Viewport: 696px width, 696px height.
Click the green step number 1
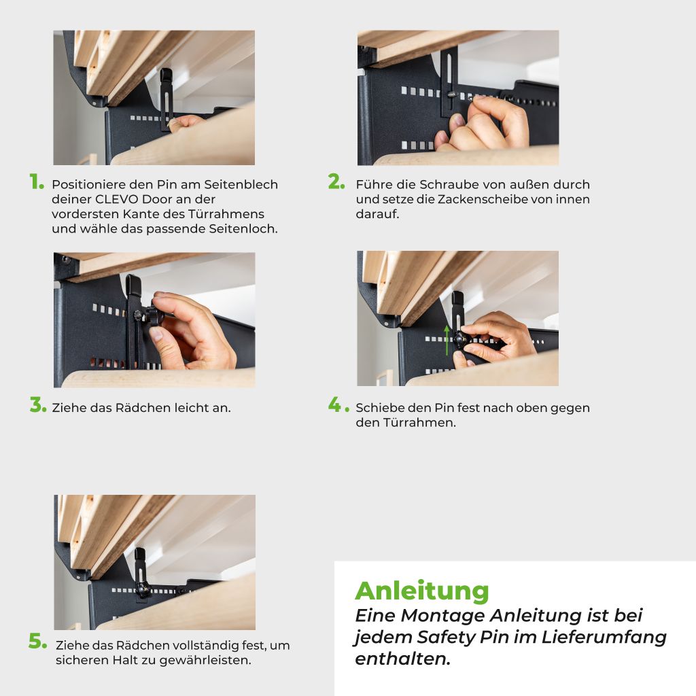pyautogui.click(x=37, y=181)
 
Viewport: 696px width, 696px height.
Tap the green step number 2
pyautogui.click(x=336, y=181)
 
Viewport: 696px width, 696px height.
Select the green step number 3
pyautogui.click(x=38, y=405)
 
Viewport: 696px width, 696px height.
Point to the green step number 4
pyautogui.click(x=338, y=405)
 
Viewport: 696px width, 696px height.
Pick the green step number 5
pyautogui.click(x=38, y=641)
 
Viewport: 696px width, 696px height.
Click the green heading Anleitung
pyautogui.click(x=421, y=592)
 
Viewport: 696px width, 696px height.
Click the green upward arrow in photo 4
pyautogui.click(x=447, y=340)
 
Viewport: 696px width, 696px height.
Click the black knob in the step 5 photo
pyautogui.click(x=143, y=589)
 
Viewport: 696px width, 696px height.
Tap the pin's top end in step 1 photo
pyautogui.click(x=166, y=71)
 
